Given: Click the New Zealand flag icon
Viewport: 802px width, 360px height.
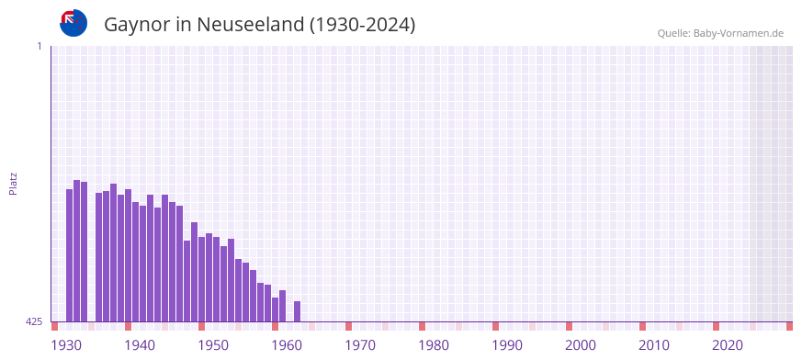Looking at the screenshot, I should (73, 23).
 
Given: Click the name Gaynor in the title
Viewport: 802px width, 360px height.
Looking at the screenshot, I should (136, 25).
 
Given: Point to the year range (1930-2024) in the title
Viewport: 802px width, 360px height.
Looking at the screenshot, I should (363, 25).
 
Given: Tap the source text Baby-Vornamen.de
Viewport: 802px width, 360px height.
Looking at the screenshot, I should (738, 33).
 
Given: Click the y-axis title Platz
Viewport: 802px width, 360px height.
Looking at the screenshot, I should (14, 183).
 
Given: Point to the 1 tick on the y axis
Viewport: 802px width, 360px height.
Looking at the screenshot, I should (39, 46).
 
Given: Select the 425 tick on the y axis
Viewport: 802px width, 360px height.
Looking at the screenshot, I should (34, 321).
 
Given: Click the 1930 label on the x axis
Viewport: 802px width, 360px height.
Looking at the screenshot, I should (66, 345).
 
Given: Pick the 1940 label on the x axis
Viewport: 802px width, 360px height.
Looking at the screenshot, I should (140, 345).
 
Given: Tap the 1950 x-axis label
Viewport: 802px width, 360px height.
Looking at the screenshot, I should (213, 345).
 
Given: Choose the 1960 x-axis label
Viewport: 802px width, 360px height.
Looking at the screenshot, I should (287, 345).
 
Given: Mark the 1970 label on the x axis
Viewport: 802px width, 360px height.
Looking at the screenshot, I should (360, 345).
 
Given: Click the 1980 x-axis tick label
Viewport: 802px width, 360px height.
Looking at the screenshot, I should (434, 345).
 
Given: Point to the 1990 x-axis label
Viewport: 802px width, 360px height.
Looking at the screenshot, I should (507, 345).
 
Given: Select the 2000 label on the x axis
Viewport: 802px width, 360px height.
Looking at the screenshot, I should (581, 345).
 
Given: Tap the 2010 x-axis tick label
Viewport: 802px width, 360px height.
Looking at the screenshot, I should (654, 345).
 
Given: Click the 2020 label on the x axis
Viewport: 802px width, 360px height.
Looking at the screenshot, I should (728, 345).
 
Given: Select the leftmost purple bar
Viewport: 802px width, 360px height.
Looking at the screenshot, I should (70, 255).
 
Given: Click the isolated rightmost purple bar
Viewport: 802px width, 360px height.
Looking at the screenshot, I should (298, 311).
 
